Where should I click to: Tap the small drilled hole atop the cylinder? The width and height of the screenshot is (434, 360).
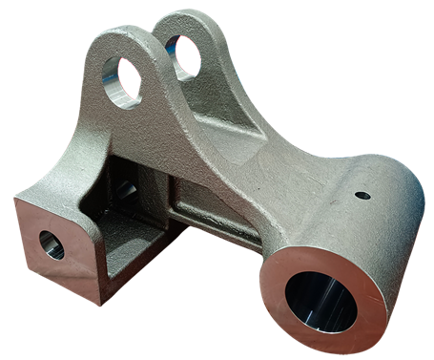coord(362,198)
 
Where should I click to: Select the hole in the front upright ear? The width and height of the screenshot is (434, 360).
coord(122,80)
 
